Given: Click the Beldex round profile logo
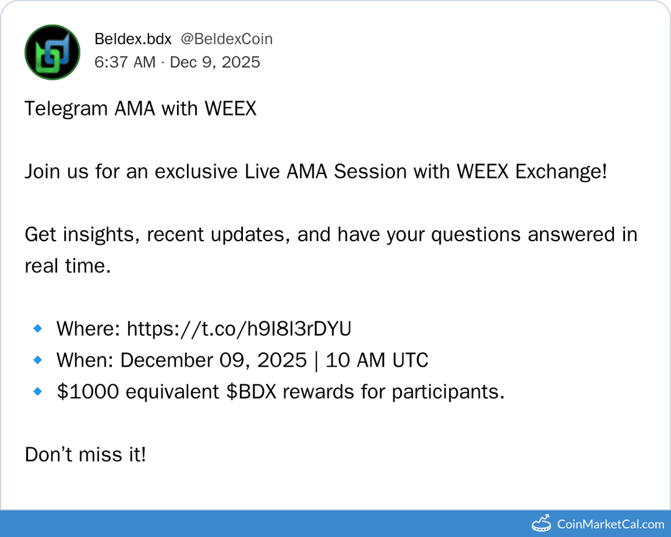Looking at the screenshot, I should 52,52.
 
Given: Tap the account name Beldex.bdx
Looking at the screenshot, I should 133,39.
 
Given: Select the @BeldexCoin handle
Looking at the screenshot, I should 227,39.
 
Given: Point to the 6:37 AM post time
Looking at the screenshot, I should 125,62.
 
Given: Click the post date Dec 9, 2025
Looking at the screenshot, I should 215,62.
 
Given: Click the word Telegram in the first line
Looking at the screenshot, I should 66,109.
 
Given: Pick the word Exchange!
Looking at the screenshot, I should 561,172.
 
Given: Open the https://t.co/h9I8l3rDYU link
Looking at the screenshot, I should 239,329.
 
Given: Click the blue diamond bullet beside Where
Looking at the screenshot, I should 38,328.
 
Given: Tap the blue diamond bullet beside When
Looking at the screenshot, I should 38,360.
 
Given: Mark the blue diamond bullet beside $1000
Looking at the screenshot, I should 38,392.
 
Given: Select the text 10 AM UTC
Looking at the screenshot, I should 377,360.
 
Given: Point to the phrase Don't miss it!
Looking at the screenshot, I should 86,455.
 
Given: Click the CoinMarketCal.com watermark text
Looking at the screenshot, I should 610,525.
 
